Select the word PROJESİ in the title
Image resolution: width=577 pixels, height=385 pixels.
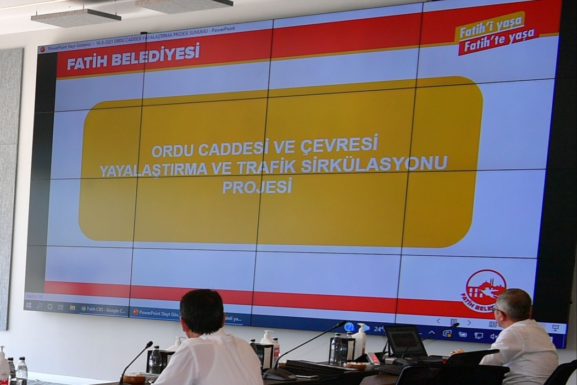pos(257,187)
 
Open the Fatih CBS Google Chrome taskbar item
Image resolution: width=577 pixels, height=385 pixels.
pos(104,309)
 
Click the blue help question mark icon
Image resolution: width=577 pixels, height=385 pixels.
pos(349,327)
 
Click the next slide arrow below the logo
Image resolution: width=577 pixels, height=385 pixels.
pos(469,322)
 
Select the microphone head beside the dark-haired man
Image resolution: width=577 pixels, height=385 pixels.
pos(149,344)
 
